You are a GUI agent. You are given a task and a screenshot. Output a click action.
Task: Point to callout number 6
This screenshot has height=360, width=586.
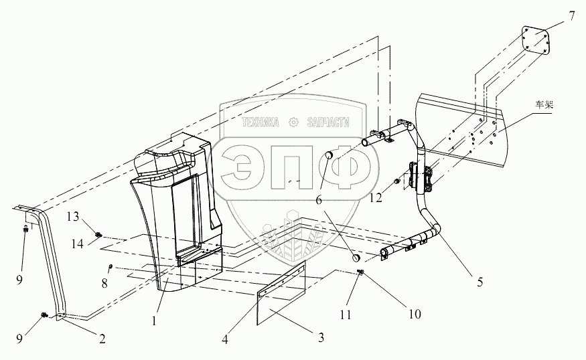click(318, 199)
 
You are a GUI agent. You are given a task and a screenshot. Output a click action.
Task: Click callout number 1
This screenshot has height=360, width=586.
click(155, 320)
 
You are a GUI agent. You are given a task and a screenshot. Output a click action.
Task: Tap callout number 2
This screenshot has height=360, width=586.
click(102, 340)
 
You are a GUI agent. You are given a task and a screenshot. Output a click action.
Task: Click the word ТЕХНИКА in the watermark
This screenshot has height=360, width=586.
click(262, 122)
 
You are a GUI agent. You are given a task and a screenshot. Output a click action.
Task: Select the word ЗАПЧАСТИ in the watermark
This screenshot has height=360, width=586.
click(329, 122)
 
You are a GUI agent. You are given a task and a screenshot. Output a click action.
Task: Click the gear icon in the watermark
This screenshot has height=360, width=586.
click(293, 122)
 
